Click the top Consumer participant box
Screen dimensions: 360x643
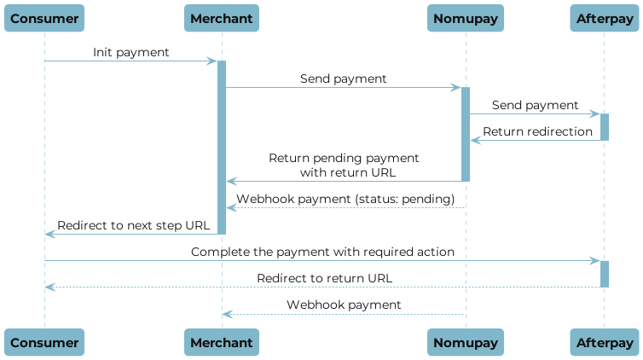click(45, 18)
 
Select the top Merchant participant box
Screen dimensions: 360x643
click(222, 18)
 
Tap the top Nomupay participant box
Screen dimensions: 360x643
click(466, 18)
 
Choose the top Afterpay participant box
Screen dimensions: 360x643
click(604, 18)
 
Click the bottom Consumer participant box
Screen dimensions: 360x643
click(45, 342)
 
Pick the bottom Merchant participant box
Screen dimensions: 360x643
click(222, 342)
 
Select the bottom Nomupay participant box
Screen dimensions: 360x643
click(466, 342)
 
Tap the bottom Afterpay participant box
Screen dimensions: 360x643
click(604, 342)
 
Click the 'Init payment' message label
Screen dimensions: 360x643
click(130, 53)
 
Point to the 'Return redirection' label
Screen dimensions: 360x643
click(536, 131)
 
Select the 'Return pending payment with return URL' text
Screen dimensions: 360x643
click(344, 165)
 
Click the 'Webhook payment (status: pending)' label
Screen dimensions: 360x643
click(345, 199)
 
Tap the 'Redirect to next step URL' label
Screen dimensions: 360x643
click(132, 225)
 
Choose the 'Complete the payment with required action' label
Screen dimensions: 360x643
click(322, 253)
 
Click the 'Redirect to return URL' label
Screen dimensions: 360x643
click(324, 278)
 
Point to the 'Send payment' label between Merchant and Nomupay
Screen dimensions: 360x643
click(343, 78)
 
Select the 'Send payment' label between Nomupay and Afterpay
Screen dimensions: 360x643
click(535, 105)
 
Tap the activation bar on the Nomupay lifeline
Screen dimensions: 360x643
click(466, 134)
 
